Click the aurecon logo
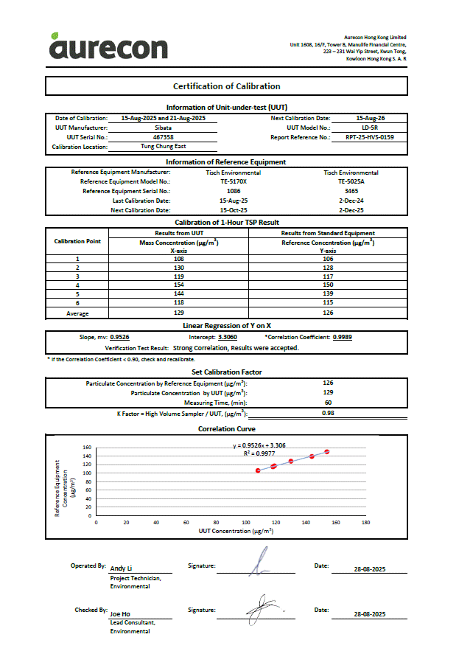pos(108,47)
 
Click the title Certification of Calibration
pos(226,86)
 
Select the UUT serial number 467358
pos(163,137)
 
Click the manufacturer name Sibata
pos(163,128)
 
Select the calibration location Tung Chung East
pos(163,147)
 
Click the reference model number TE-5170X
pos(234,181)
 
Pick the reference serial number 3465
pos(351,191)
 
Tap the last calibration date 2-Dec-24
pos(351,201)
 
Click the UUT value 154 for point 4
pos(178,285)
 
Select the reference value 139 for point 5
pos(328,293)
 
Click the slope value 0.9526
pos(120,337)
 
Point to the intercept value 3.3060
pos(228,337)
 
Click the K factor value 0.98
pos(328,413)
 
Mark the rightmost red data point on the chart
pos(326,451)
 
